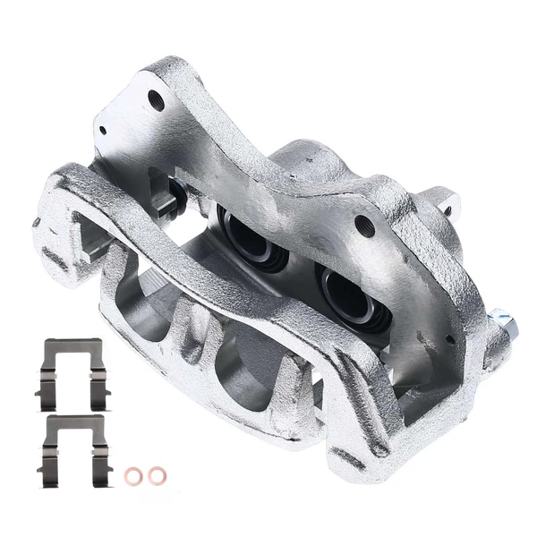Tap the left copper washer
(x=134, y=475)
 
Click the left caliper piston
(x=247, y=236)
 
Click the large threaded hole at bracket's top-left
(x=157, y=99)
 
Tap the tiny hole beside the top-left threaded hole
(x=103, y=131)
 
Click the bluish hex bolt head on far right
(x=498, y=320)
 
